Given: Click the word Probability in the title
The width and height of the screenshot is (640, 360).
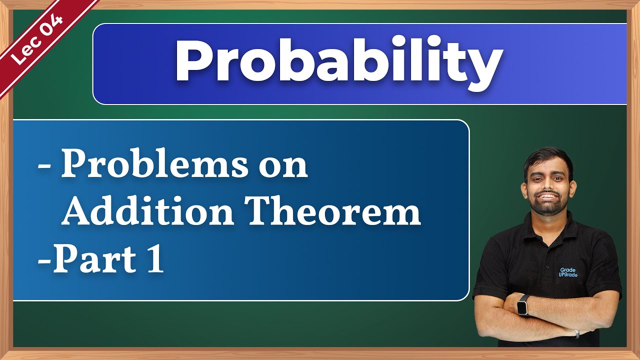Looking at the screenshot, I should [x=338, y=62].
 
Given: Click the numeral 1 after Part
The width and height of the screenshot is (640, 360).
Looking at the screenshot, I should [x=156, y=260].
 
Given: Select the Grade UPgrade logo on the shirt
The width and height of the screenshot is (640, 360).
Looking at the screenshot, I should [x=567, y=272].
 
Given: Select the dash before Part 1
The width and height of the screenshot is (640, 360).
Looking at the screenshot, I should [x=43, y=261].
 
